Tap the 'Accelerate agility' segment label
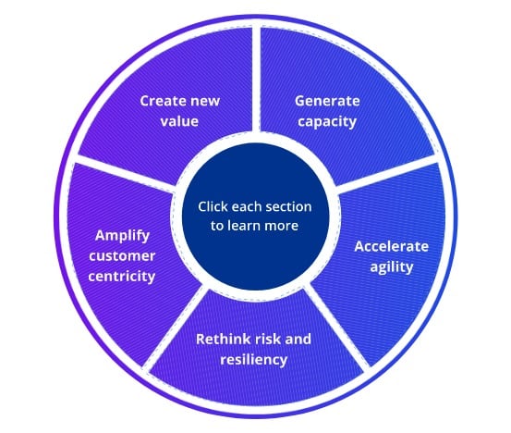[390, 256]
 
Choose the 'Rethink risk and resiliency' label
[253, 347]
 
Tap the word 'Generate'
[326, 99]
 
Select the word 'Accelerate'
[390, 247]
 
